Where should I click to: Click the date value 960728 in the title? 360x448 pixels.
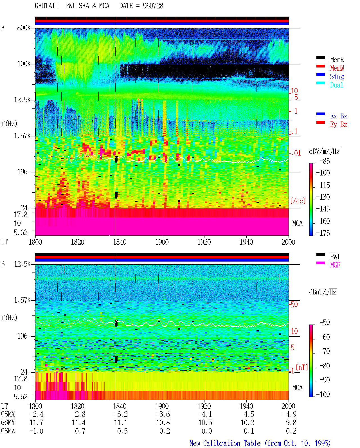pos(153,6)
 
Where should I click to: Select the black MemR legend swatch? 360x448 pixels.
pos(320,58)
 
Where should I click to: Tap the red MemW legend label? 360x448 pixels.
pos(337,68)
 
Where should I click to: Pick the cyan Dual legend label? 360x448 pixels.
pos(336,85)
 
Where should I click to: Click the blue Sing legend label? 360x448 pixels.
pos(337,76)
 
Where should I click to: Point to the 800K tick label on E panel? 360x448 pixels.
pos(24,28)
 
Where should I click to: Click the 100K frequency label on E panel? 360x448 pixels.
pos(24,64)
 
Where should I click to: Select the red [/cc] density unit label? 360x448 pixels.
pos(298,201)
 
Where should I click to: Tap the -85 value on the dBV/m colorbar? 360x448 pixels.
pos(325,161)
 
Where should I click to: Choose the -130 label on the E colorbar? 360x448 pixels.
pos(323,197)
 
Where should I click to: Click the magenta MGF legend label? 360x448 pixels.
pos(335,265)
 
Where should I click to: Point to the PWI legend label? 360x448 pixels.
pos(335,256)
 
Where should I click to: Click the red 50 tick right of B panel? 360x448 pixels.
pos(294,304)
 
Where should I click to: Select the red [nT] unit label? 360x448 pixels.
pos(302,367)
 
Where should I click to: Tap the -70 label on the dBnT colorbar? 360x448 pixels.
pos(325,351)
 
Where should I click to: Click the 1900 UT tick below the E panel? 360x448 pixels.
pos(162,242)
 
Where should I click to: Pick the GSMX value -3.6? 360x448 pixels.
pos(163,414)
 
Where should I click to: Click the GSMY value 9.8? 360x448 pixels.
pos(291,422)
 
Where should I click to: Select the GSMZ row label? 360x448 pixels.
pos(8,431)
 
